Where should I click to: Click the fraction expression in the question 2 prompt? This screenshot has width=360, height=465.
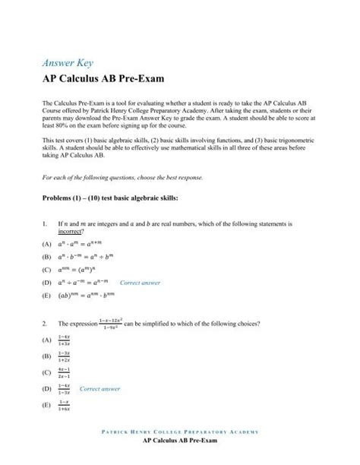pyautogui.click(x=111, y=321)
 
